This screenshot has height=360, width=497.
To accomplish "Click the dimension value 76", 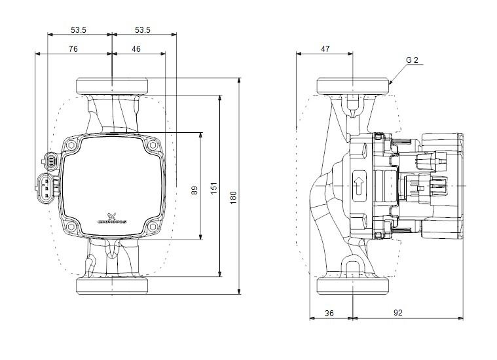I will pyautogui.click(x=73, y=49).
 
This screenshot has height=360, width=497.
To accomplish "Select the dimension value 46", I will pyautogui.click(x=136, y=49).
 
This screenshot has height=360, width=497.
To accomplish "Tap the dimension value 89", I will pyautogui.click(x=194, y=190).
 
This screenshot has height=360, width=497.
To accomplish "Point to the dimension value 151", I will pyautogui.click(x=213, y=188).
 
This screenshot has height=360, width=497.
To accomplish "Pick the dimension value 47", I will pyautogui.click(x=325, y=49).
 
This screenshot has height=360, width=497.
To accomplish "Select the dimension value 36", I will pyautogui.click(x=329, y=314).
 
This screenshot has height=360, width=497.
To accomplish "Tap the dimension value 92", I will pyautogui.click(x=397, y=314).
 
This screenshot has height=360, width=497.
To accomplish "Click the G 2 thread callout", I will pyautogui.click(x=412, y=61).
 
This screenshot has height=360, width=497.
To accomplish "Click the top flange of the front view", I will pyautogui.click(x=113, y=86).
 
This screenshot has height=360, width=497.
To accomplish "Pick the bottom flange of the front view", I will pyautogui.click(x=113, y=286).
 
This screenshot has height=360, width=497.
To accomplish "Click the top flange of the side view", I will pyautogui.click(x=354, y=86).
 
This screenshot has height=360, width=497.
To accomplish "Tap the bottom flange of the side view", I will pyautogui.click(x=354, y=286).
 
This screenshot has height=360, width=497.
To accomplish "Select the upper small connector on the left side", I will pyautogui.click(x=50, y=160).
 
